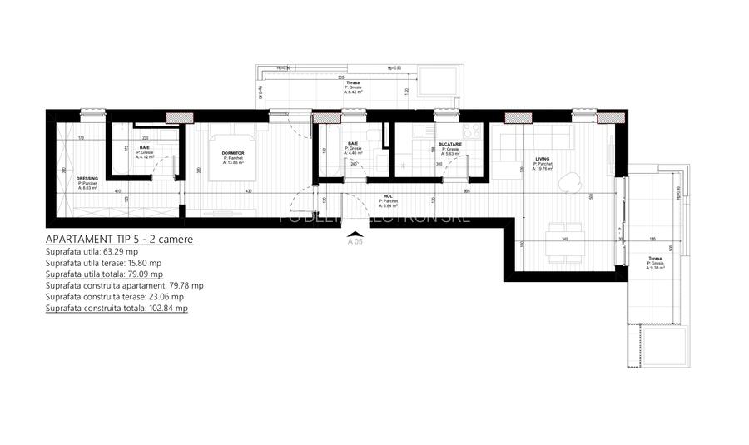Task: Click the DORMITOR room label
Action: point(233,154)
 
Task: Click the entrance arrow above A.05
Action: point(355,234)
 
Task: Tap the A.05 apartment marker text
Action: point(355,244)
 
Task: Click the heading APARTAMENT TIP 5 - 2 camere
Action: point(120,239)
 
